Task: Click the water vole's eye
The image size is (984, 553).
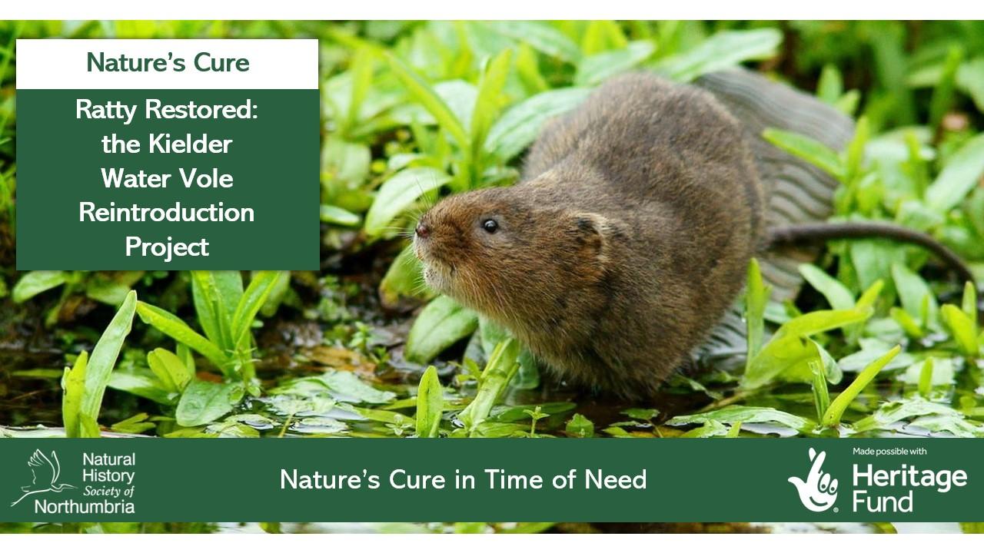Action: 490,226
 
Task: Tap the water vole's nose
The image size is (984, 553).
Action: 422,230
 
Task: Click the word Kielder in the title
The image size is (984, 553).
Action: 190,144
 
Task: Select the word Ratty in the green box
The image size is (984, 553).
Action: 106,110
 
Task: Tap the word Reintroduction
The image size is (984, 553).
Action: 167,213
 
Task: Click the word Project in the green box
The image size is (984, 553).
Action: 167,247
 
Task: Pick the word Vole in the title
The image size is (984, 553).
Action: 206,179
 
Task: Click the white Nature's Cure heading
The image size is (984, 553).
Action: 168,63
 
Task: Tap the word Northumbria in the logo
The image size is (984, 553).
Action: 85,507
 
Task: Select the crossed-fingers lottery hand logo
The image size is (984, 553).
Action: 813,480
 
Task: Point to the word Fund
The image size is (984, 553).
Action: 883,502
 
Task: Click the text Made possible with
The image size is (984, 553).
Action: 889,452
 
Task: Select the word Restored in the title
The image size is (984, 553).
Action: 201,109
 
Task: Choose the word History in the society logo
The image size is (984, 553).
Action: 108,475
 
